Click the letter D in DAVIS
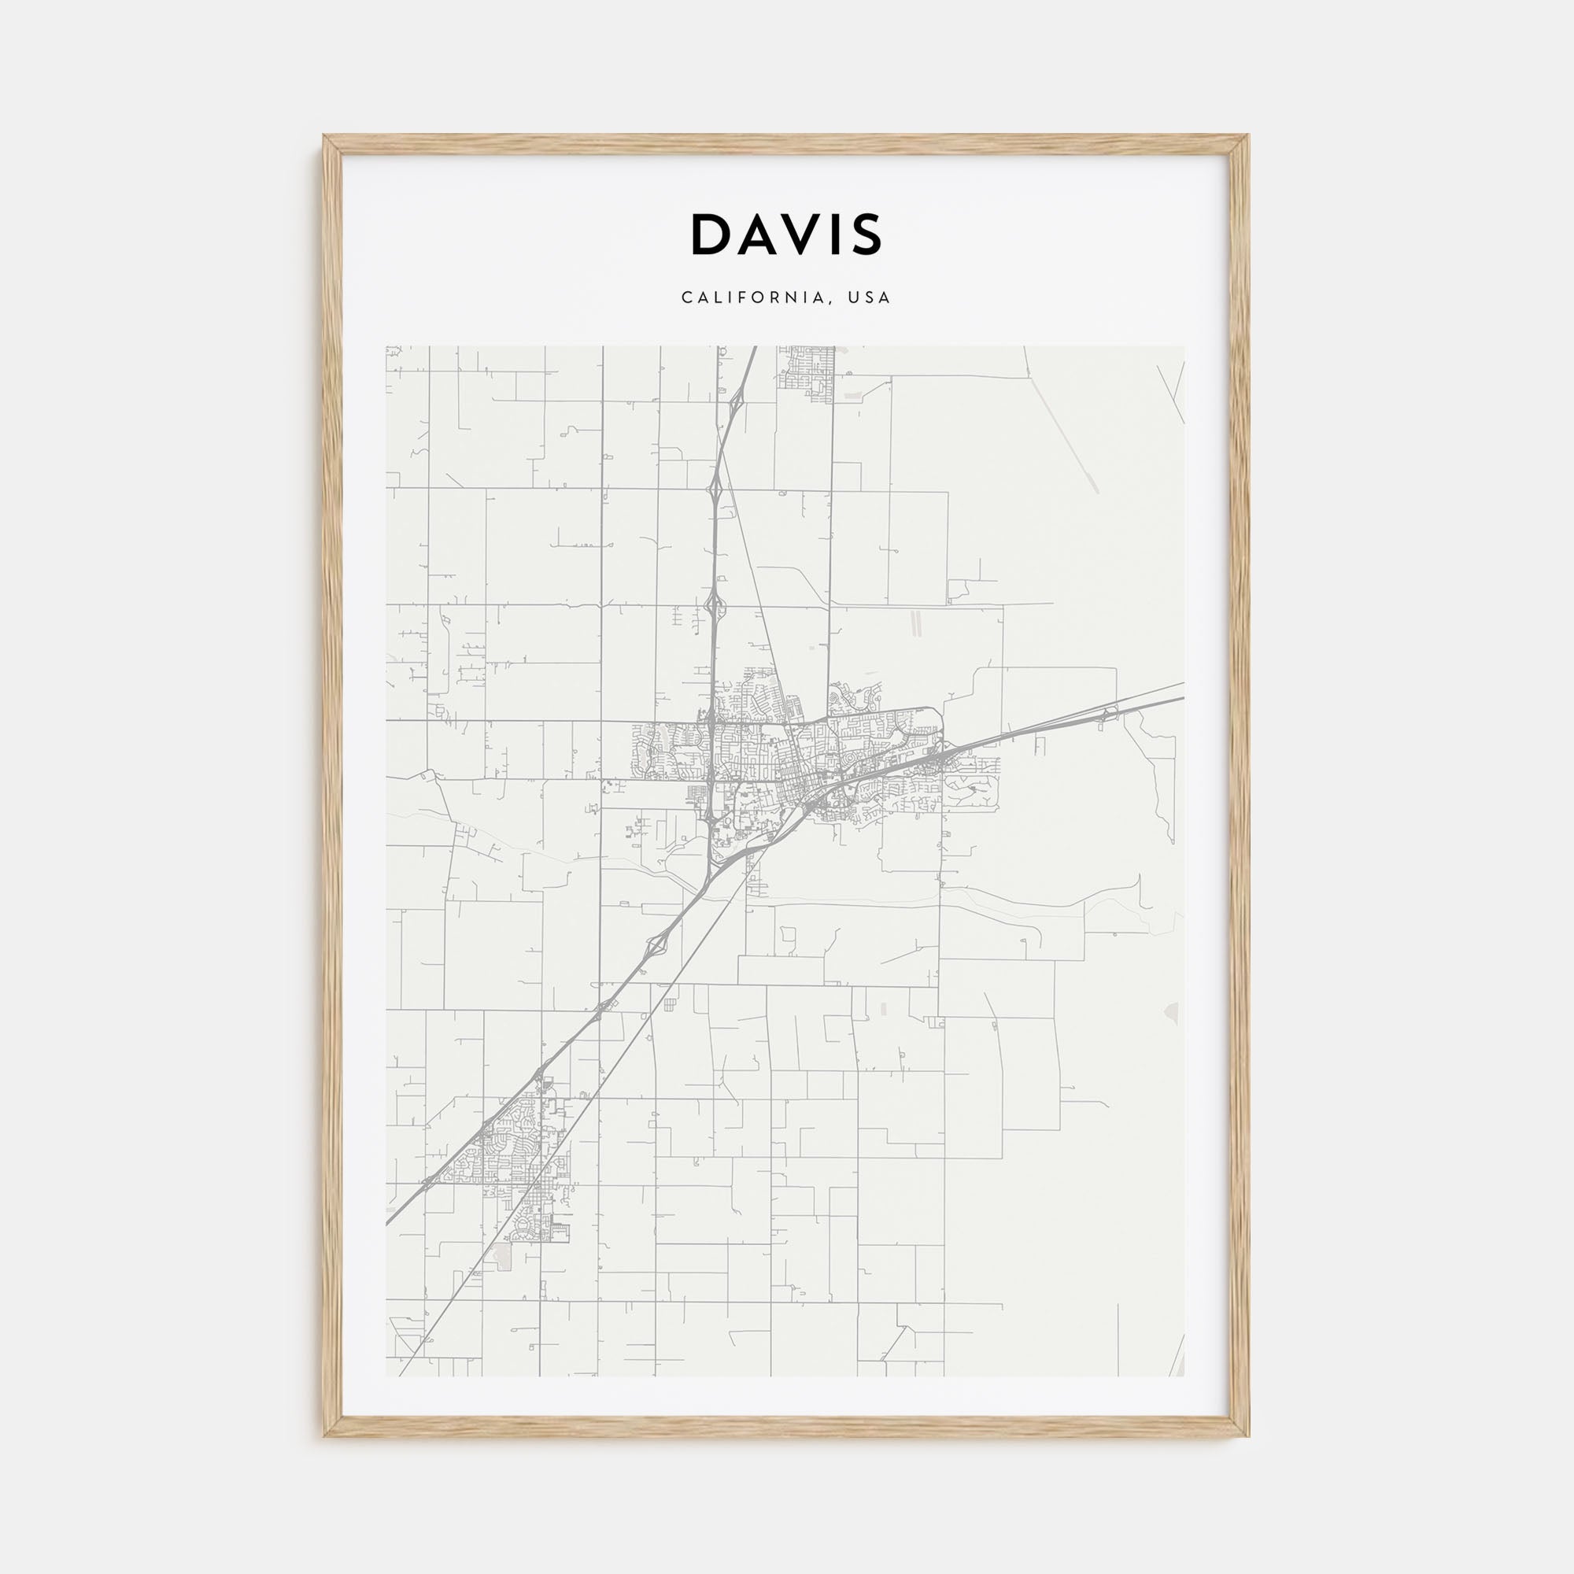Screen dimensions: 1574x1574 (711, 235)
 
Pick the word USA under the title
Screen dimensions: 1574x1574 (870, 298)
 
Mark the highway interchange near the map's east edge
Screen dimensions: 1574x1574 (1108, 715)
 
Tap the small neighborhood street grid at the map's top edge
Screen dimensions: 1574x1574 (807, 371)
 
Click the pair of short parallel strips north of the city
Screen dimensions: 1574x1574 (915, 623)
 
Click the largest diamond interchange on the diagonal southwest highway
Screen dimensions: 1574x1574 (656, 945)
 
